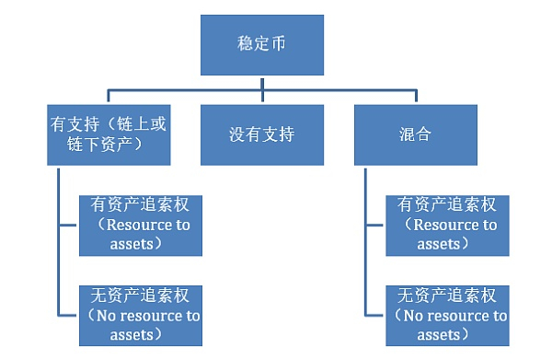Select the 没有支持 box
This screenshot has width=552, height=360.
coord(262,134)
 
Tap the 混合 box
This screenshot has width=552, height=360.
coord(417,134)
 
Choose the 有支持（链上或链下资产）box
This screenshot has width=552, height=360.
coord(107,134)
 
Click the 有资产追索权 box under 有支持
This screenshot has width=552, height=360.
coord(141,225)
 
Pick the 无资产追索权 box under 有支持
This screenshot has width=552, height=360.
coord(141,315)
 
